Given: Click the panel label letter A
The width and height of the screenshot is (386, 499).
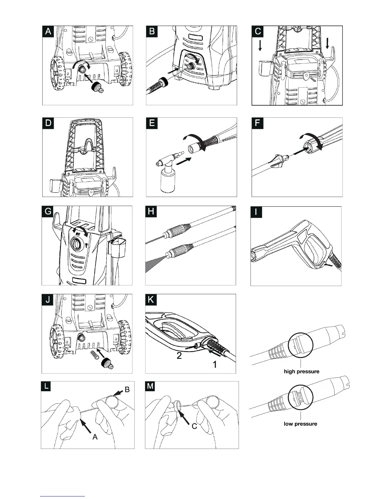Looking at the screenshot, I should click(x=48, y=32).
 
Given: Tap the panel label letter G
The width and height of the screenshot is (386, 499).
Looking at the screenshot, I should click(x=48, y=211).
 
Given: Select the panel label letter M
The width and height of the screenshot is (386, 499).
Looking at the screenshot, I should click(x=151, y=386).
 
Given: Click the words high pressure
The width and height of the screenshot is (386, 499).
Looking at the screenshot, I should click(x=301, y=371).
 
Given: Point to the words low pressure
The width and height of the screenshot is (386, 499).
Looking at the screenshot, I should click(x=300, y=424).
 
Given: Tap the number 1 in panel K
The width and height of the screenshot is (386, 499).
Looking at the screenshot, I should click(x=214, y=365).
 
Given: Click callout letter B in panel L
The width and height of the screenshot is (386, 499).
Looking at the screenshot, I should click(x=127, y=390).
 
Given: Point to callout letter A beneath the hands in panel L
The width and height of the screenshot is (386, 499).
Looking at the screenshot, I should click(x=95, y=437).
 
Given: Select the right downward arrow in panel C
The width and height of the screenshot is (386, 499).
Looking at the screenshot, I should click(x=327, y=43).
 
